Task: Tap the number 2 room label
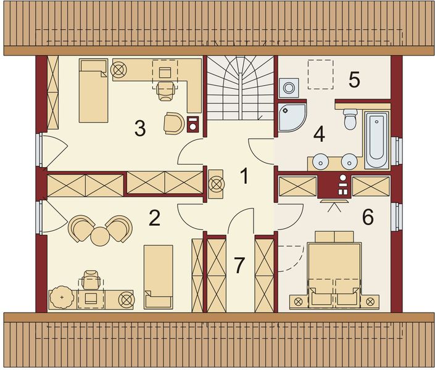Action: (154, 218)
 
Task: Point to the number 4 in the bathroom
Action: (318, 133)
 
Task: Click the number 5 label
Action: (354, 80)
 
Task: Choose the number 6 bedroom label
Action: (368, 217)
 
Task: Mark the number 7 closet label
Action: (239, 266)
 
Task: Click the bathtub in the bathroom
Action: (376, 140)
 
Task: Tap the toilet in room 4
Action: (350, 119)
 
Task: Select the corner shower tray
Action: (290, 117)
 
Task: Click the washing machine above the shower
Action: (288, 89)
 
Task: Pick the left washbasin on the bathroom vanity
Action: (321, 162)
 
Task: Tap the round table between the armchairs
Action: (101, 235)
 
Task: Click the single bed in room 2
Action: (158, 276)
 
